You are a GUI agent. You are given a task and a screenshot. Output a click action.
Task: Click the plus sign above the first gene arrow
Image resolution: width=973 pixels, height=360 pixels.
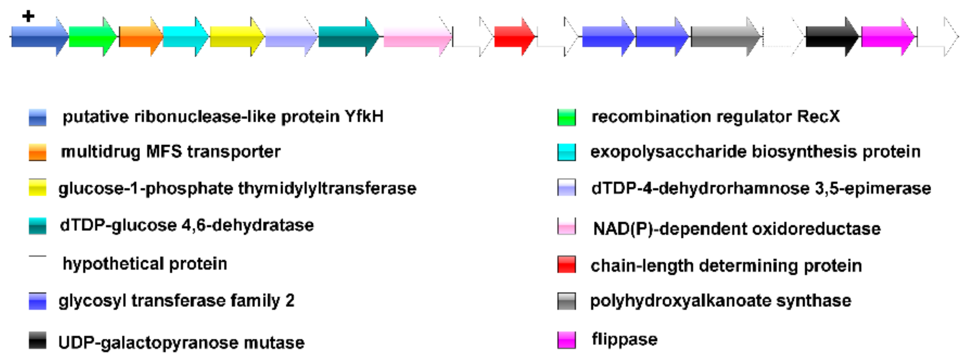click(28, 16)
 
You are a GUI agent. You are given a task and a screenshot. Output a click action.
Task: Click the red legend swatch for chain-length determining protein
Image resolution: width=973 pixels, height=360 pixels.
click(566, 265)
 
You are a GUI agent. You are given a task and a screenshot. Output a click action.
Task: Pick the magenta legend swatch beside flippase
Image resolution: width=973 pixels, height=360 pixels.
click(566, 340)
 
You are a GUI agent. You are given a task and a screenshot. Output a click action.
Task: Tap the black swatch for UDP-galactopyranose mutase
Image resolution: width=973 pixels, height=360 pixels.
click(38, 341)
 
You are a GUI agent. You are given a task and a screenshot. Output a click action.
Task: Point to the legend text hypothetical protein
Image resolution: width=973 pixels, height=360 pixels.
click(145, 264)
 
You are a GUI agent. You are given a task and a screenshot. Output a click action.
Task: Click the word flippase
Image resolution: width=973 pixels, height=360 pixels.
click(624, 339)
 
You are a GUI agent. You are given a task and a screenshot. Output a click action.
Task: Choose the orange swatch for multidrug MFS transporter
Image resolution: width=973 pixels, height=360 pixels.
click(38, 152)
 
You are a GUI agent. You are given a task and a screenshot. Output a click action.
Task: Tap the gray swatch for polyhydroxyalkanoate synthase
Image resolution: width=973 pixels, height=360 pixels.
click(566, 301)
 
